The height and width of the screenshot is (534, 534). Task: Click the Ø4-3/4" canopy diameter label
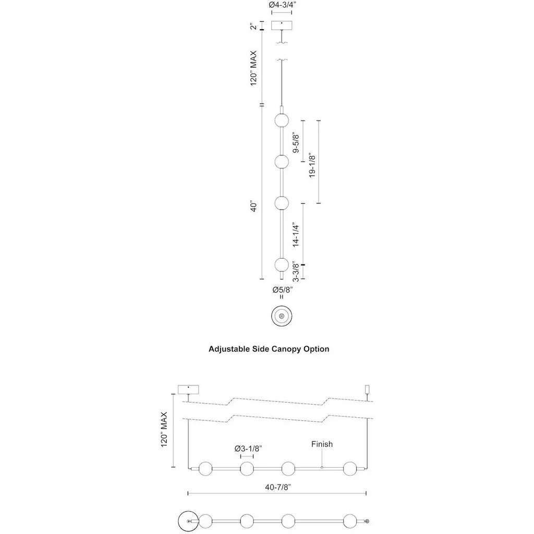tap(282, 5)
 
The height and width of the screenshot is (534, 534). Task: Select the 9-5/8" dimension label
tap(296, 143)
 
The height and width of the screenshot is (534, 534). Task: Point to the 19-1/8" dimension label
tap(312, 165)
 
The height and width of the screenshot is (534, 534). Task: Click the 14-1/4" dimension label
tap(296, 235)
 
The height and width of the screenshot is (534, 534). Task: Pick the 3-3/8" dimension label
tap(296, 272)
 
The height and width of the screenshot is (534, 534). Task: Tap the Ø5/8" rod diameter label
tap(282, 290)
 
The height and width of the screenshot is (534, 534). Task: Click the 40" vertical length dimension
tap(254, 207)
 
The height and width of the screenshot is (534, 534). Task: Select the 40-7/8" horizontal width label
tap(278, 488)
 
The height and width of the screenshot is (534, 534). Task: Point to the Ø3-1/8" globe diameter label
tap(248, 448)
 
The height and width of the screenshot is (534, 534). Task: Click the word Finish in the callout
tap(322, 444)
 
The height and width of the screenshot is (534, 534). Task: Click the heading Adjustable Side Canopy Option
tap(269, 349)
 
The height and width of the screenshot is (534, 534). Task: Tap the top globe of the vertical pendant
tap(282, 120)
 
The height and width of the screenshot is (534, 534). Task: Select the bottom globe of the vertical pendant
tap(282, 264)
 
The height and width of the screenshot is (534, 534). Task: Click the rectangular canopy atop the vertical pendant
tap(282, 26)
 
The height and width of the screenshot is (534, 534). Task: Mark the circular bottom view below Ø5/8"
tap(282, 316)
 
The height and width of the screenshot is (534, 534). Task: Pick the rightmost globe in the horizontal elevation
tap(350, 469)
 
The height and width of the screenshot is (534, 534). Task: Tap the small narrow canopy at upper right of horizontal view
tap(367, 389)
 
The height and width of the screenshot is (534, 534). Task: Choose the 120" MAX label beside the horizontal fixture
tap(164, 430)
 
